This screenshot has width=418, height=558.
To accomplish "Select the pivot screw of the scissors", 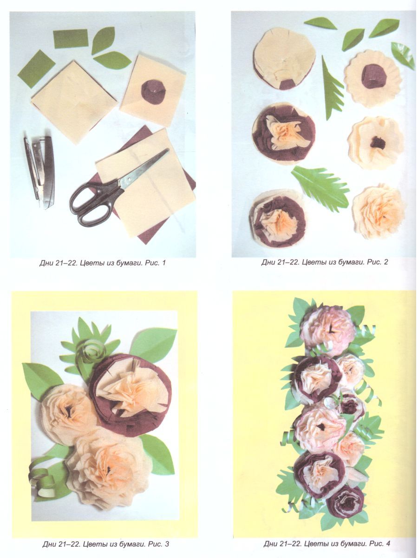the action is [x=130, y=179].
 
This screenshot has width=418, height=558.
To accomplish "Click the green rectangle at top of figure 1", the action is [x=71, y=39].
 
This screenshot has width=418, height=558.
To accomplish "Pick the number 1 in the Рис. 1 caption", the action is [x=163, y=263].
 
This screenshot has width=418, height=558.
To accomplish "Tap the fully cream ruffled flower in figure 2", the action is [x=379, y=211].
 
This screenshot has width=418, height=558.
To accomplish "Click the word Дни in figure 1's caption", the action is [x=46, y=263].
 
